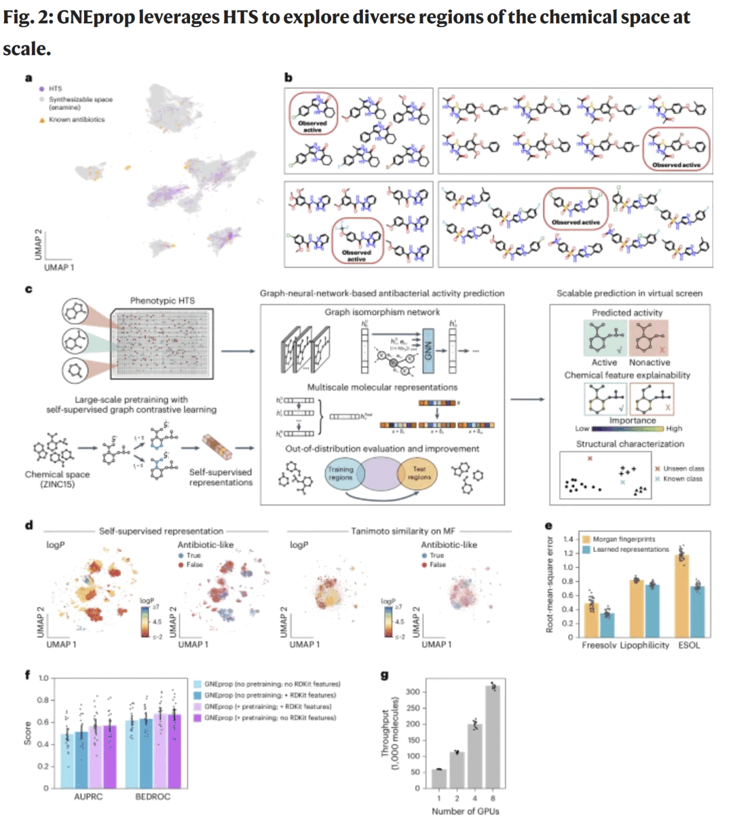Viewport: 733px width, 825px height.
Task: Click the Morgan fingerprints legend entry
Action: (x=623, y=539)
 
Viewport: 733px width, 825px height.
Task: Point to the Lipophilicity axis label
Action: (x=644, y=645)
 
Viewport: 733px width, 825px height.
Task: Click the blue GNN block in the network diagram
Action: (x=428, y=352)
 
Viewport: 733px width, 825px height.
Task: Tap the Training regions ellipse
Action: (x=341, y=473)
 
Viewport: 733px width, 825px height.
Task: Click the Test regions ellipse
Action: (x=419, y=473)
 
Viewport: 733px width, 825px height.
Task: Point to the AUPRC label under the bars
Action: (x=88, y=796)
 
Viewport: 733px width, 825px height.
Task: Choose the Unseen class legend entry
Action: (x=683, y=469)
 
